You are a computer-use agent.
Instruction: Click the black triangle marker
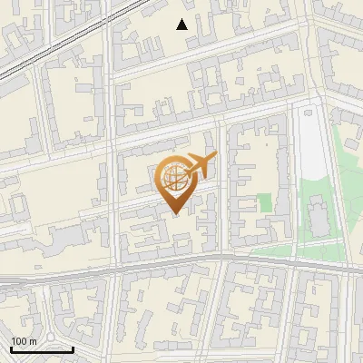pos(182,25)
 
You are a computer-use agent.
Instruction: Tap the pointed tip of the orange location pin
pos(176,214)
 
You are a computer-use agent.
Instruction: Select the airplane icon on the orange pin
pos(197,167)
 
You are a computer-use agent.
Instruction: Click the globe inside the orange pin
pos(175,180)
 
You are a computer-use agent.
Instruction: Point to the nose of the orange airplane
pos(214,159)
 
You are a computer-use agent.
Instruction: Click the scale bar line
pos(42,349)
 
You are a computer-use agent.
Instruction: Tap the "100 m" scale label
pos(25,341)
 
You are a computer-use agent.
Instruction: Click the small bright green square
pos(264,202)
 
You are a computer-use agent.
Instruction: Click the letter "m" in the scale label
pos(33,341)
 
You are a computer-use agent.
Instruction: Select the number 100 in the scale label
pos(20,341)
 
